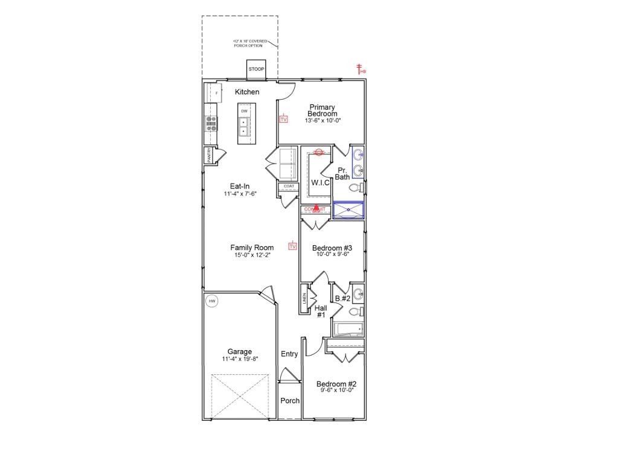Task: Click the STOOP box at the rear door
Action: click(x=256, y=69)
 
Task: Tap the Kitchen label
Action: click(x=247, y=92)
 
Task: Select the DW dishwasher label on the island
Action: click(x=244, y=112)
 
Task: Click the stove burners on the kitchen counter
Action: click(x=212, y=123)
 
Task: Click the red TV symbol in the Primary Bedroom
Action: click(x=283, y=119)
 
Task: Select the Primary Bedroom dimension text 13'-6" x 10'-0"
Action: click(x=323, y=121)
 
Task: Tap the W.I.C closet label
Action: click(x=320, y=182)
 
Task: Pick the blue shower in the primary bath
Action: click(x=349, y=209)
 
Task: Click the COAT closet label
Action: click(x=289, y=186)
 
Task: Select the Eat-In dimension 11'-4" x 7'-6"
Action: click(x=240, y=194)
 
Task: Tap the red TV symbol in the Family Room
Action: click(x=293, y=246)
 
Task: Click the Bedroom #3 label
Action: click(x=332, y=248)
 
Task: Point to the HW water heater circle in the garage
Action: click(x=211, y=301)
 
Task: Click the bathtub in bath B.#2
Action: click(x=349, y=329)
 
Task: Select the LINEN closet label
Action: click(x=304, y=300)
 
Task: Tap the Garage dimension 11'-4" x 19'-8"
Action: click(x=239, y=359)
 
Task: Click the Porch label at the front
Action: click(x=290, y=400)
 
